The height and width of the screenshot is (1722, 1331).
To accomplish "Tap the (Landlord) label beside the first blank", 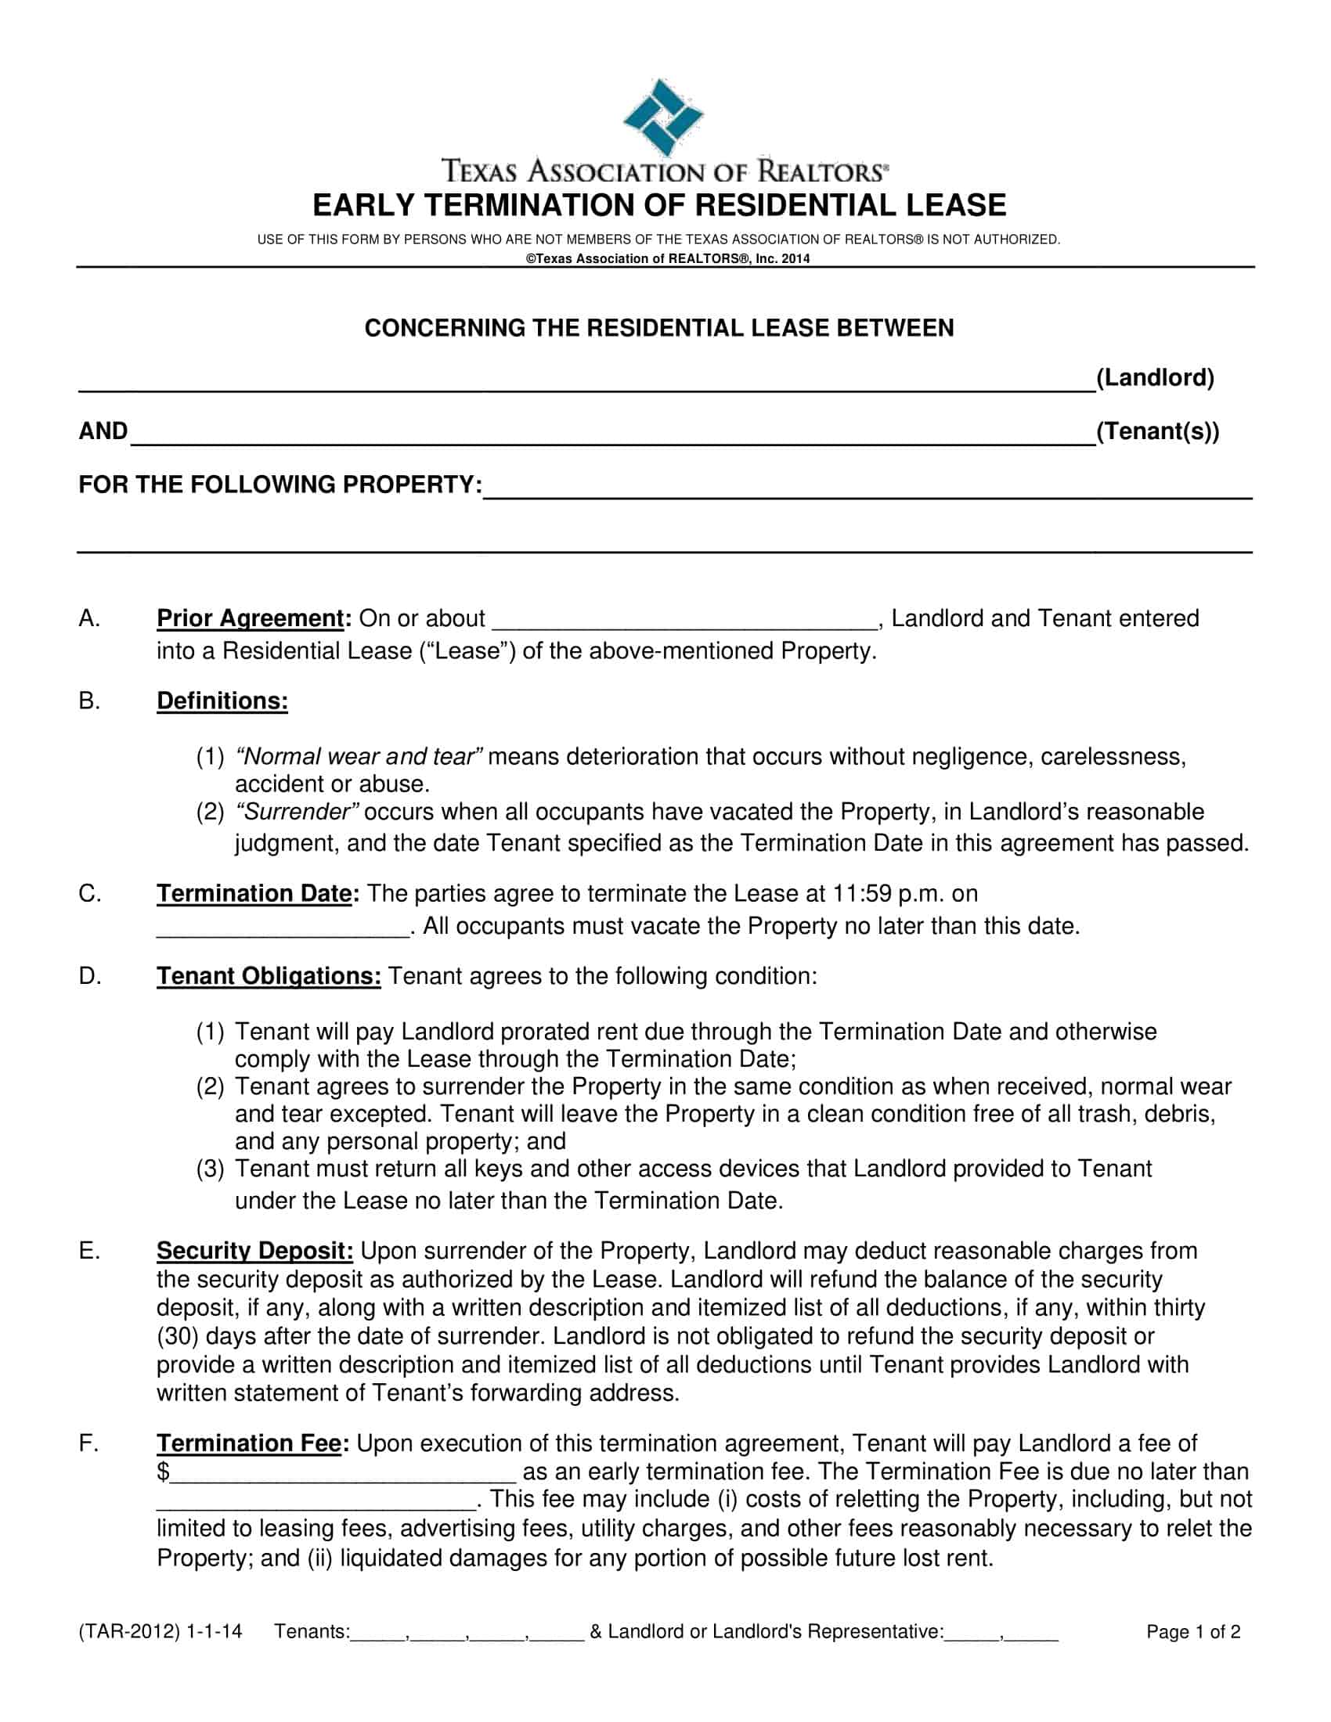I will tap(1154, 378).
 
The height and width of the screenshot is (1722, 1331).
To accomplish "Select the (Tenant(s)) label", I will tap(1156, 431).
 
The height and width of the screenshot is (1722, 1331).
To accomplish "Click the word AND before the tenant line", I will tap(103, 431).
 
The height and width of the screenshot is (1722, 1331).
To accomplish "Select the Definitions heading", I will tap(222, 701).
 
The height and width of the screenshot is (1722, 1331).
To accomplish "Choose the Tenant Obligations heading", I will tap(269, 976).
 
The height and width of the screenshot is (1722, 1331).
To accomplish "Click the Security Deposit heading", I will tap(254, 1251).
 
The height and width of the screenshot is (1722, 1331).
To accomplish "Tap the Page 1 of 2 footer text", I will tap(1193, 1632).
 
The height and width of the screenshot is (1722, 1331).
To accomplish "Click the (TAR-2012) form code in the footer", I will tap(130, 1632).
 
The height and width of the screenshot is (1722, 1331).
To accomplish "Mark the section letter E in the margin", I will tap(88, 1251).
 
